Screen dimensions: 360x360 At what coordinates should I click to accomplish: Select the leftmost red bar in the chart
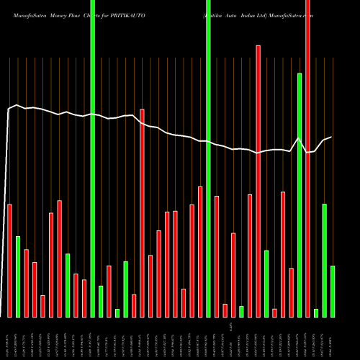tap(9, 261)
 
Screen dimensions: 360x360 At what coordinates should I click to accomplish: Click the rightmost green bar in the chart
tap(333, 291)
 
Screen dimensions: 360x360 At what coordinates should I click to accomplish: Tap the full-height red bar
tap(307, 158)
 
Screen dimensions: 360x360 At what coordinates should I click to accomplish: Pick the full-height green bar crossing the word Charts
tap(92, 158)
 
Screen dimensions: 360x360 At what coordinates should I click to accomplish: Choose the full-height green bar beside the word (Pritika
tap(208, 158)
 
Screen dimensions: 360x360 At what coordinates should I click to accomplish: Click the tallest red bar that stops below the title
tap(258, 180)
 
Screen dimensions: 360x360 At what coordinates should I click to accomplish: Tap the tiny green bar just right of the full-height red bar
tap(316, 312)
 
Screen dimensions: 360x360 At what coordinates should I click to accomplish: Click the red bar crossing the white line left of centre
tap(142, 213)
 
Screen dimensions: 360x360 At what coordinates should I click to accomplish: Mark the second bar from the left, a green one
tap(18, 276)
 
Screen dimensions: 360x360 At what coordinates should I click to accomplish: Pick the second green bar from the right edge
tap(325, 260)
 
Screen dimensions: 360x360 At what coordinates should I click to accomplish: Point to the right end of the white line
tap(331, 137)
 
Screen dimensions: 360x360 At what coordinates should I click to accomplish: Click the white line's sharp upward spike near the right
tap(299, 138)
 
